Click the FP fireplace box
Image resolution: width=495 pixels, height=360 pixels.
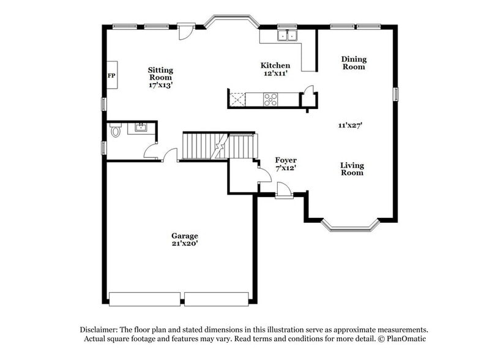112,75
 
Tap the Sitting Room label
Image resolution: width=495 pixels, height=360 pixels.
160,78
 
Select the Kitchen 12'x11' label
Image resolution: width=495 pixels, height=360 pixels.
275,69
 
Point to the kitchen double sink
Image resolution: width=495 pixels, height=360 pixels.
286,36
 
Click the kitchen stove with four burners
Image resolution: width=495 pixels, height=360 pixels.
270,99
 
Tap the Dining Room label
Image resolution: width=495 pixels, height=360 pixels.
354,63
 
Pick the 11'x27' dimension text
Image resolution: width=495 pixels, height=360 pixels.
351,125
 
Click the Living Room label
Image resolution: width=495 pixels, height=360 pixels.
352,169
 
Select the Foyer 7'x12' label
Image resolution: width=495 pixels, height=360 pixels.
285,164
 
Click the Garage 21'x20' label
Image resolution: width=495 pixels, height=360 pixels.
184,239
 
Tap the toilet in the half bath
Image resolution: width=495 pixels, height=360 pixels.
115,130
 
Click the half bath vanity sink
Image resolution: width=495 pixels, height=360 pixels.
140,127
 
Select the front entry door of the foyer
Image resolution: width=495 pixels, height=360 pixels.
283,192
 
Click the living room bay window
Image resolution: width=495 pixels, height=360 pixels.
351,227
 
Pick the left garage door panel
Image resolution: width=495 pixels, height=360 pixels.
144,299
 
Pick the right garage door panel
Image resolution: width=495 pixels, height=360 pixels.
216,299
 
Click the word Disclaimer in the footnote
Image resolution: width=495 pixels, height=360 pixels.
100,329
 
